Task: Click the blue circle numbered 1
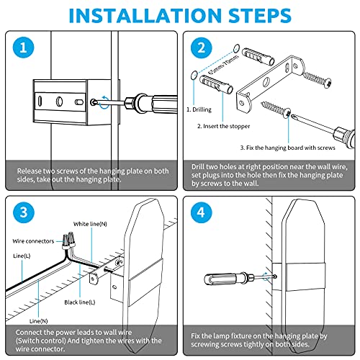23,48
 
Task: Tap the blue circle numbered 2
202,48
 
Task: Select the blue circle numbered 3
23,212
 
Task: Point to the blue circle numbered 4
202,212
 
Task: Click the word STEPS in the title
260,16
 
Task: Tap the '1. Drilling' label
199,109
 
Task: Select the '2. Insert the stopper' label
223,126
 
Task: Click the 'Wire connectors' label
33,241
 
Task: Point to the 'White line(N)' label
90,224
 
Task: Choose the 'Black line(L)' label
80,302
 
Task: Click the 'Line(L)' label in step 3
22,256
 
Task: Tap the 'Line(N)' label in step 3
38,321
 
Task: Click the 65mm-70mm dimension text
223,64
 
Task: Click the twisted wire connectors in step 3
68,240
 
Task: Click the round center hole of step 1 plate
59,102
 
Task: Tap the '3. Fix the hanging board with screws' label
287,148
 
